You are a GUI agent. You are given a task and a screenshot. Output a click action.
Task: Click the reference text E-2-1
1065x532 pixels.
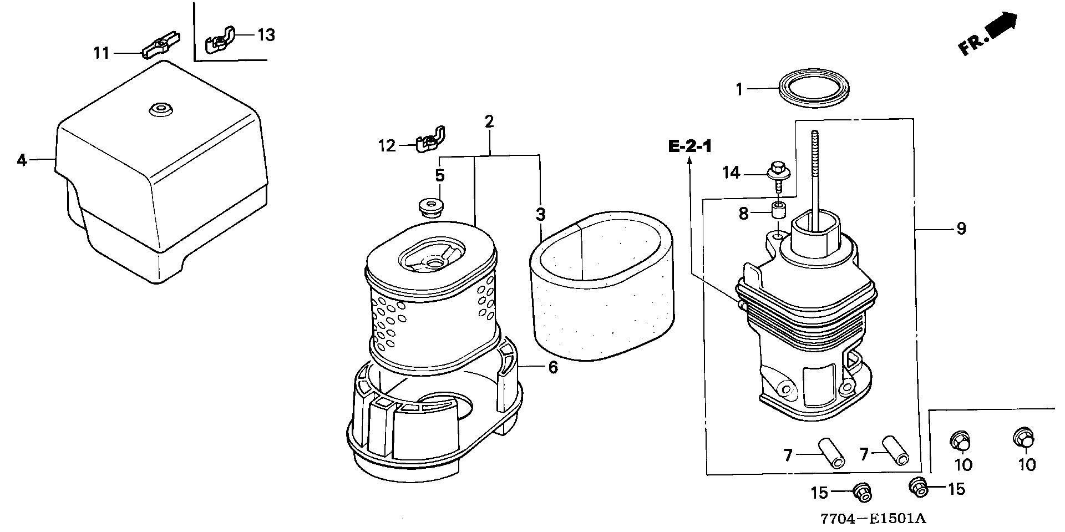tap(690, 146)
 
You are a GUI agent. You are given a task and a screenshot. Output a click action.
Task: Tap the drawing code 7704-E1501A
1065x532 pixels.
tap(874, 518)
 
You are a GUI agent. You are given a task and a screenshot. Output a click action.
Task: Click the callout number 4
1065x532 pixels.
tap(22, 160)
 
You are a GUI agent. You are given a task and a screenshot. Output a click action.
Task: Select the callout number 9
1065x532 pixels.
tap(961, 228)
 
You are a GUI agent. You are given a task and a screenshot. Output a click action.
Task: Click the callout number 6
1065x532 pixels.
tap(553, 367)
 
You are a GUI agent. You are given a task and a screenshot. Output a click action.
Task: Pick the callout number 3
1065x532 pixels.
tap(540, 214)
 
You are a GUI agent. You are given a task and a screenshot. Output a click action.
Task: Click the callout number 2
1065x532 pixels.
tap(489, 121)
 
